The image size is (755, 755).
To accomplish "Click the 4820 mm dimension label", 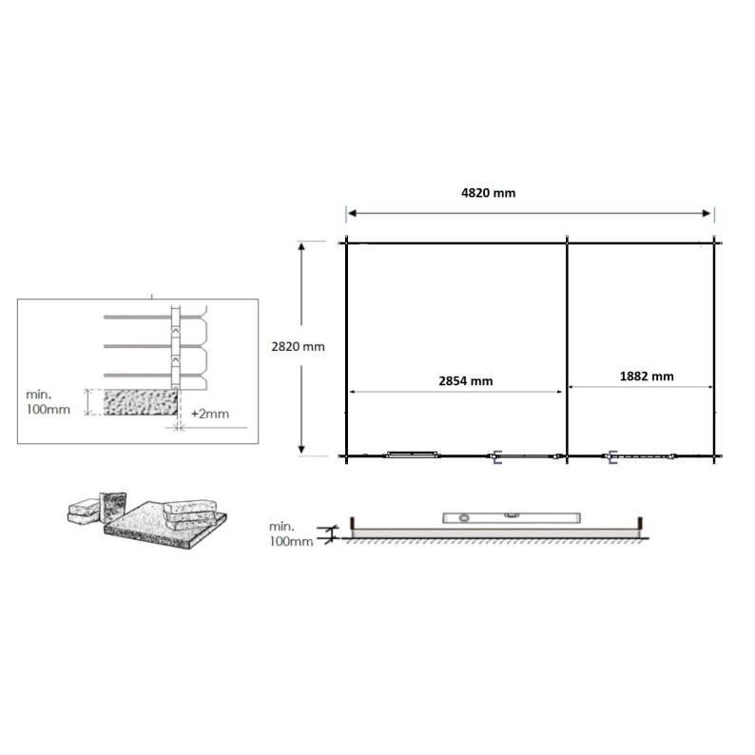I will tap(488, 192).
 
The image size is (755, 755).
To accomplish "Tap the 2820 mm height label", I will tap(298, 347).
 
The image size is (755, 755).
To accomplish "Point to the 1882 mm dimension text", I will tap(646, 376).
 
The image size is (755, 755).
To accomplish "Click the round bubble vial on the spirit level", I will tap(464, 518).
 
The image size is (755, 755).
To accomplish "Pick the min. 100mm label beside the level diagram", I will tap(291, 533).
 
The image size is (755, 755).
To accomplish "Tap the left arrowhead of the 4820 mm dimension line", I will tap(349, 212).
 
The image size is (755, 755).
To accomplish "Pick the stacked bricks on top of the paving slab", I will tap(191, 513).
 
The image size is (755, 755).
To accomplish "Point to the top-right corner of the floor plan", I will tap(714, 241).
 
